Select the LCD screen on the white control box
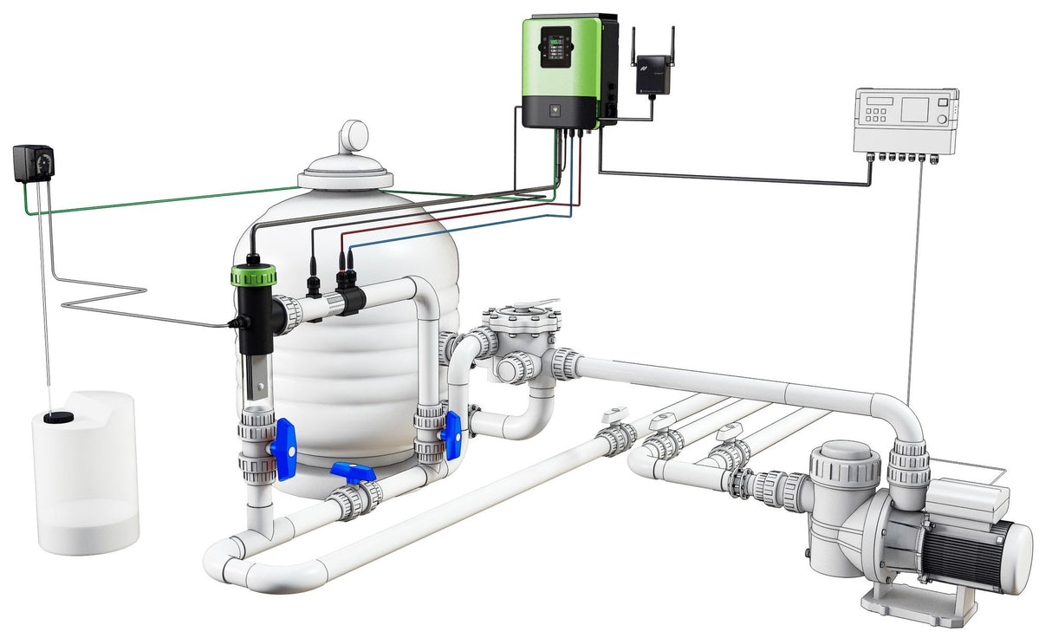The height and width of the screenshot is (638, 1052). tap(914, 110)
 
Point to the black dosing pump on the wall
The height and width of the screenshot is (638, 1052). tap(33, 163)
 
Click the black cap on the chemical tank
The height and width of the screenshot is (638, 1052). tap(58, 418)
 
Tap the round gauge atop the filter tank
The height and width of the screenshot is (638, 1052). tap(354, 136)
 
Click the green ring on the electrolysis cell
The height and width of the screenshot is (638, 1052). tap(253, 277)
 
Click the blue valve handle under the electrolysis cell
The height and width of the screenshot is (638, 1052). tap(283, 447)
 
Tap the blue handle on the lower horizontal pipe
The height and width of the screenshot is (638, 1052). tap(353, 472)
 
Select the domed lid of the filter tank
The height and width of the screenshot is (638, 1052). tap(346, 170)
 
